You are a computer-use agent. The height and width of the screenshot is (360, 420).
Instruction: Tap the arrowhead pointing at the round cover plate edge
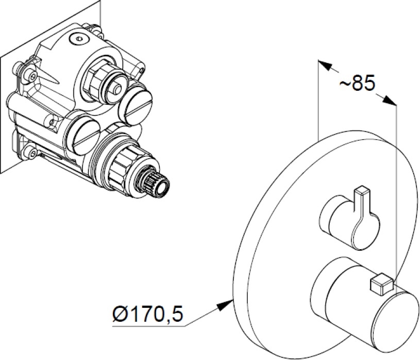pyautogui.click(x=226, y=305)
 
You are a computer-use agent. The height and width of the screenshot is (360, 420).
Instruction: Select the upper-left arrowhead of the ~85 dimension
pyautogui.click(x=325, y=66)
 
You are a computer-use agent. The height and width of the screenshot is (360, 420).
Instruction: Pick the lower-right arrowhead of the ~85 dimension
pyautogui.click(x=389, y=100)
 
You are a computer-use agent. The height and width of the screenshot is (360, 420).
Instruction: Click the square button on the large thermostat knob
pyautogui.click(x=381, y=284)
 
